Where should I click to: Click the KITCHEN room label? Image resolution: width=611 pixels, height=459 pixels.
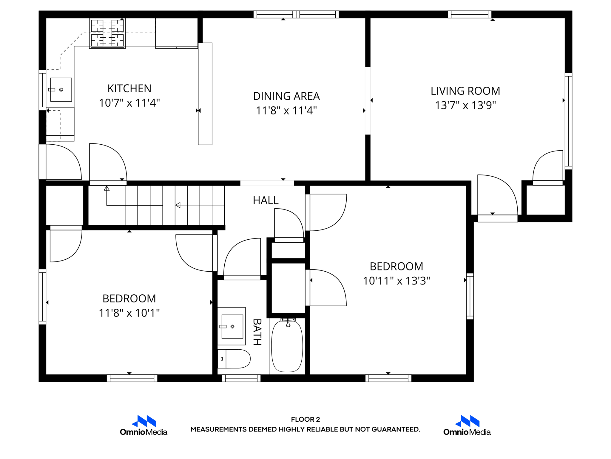click(129, 88)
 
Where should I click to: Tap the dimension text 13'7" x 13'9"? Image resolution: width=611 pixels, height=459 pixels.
click(465, 105)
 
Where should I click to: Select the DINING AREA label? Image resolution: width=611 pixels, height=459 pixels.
click(286, 96)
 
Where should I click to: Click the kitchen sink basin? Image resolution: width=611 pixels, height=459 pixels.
click(61, 90)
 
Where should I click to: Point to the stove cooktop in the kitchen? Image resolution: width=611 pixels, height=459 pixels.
click(107, 33)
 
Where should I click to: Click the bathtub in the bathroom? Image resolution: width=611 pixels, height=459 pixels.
click(287, 346)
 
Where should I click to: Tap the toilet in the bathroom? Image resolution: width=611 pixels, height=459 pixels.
click(234, 359)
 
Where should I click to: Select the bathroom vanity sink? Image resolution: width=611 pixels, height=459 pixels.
click(232, 326)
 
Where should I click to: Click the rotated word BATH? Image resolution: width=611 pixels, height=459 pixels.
click(257, 332)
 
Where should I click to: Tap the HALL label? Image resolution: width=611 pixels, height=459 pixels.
click(266, 201)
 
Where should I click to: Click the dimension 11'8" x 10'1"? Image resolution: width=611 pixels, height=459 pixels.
click(129, 313)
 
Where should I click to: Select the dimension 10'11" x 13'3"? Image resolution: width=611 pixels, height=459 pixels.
click(396, 281)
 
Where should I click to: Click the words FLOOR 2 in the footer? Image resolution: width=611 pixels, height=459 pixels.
click(305, 419)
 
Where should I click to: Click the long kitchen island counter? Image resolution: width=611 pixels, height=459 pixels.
click(205, 94)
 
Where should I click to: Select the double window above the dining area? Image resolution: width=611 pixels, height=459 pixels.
click(296, 14)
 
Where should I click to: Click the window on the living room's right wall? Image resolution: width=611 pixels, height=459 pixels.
click(568, 121)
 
